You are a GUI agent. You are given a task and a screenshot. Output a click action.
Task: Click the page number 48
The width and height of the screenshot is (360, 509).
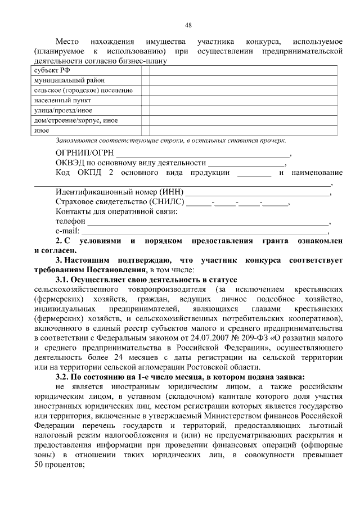188,24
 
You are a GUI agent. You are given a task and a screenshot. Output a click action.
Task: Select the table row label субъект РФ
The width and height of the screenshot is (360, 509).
50,70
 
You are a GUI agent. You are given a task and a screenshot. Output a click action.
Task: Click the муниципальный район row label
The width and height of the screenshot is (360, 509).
62,80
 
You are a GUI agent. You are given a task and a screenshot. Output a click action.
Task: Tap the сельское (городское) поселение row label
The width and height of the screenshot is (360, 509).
83,91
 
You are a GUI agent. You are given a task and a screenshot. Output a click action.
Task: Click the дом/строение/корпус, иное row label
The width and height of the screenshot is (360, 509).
75,120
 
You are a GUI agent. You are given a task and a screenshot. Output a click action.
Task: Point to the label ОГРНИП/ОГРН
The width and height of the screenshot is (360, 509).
84,153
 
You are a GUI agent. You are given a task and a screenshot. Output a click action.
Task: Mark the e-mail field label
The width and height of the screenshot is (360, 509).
67,231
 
